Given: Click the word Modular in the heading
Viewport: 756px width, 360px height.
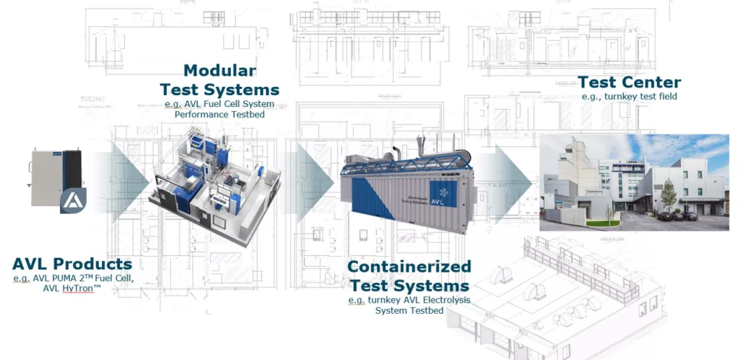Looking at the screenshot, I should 220,70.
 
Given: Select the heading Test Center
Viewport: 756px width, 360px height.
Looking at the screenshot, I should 629,82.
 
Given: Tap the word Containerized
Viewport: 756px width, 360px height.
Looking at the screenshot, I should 409,266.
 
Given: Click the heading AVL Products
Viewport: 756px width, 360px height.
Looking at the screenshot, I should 72,264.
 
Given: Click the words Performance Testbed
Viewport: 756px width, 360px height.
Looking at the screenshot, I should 220,114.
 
